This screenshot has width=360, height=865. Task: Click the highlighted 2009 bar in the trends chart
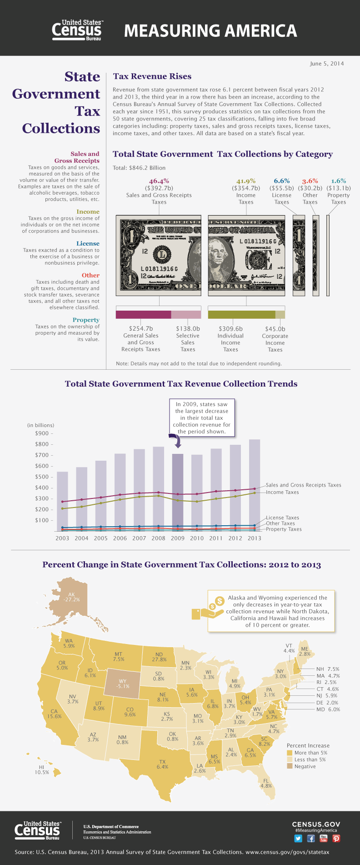tap(178, 491)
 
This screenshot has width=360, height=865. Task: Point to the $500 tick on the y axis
tap(42, 477)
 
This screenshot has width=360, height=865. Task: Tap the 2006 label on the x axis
tap(120, 538)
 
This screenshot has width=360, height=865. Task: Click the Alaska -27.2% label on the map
tap(71, 597)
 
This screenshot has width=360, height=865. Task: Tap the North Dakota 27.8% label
tap(159, 657)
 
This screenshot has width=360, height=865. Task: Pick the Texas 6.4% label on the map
tap(162, 764)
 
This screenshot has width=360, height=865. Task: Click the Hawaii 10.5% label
tap(41, 769)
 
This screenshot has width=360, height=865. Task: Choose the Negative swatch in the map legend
tap(290, 766)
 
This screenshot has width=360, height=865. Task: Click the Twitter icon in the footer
tap(298, 838)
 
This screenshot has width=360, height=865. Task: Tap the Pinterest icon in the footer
tap(336, 838)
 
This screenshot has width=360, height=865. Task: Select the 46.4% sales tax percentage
tap(159, 181)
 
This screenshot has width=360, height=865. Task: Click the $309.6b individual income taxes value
tap(230, 328)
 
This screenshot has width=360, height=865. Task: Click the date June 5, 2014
tap(327, 63)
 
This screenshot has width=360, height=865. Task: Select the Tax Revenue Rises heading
tap(152, 76)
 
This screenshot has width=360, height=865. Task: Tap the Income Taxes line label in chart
tap(282, 492)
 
